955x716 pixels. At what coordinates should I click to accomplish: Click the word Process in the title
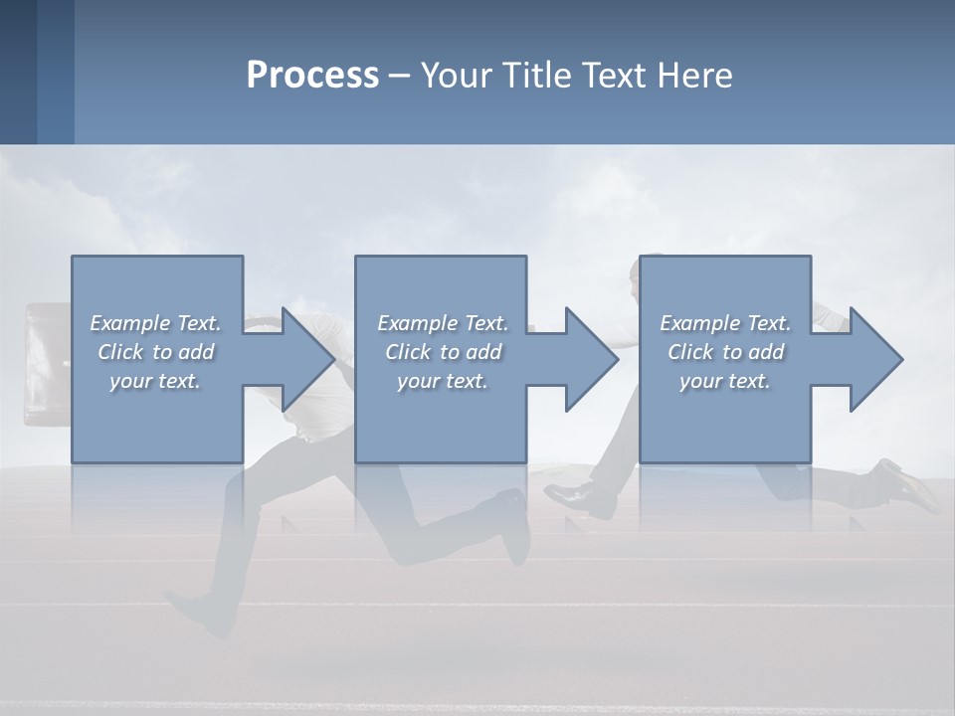tap(312, 76)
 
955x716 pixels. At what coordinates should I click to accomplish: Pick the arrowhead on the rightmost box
tap(872, 359)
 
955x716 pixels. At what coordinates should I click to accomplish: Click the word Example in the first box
tap(129, 323)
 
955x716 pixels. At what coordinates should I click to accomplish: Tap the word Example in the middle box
tap(416, 323)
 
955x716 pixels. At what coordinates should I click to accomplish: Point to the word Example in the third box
tap(699, 323)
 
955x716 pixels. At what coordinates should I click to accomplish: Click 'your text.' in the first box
tap(155, 381)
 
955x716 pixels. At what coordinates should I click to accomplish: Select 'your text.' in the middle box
tap(443, 381)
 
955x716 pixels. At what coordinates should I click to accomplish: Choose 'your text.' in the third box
tap(725, 381)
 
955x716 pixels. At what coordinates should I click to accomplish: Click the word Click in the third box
tap(690, 352)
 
